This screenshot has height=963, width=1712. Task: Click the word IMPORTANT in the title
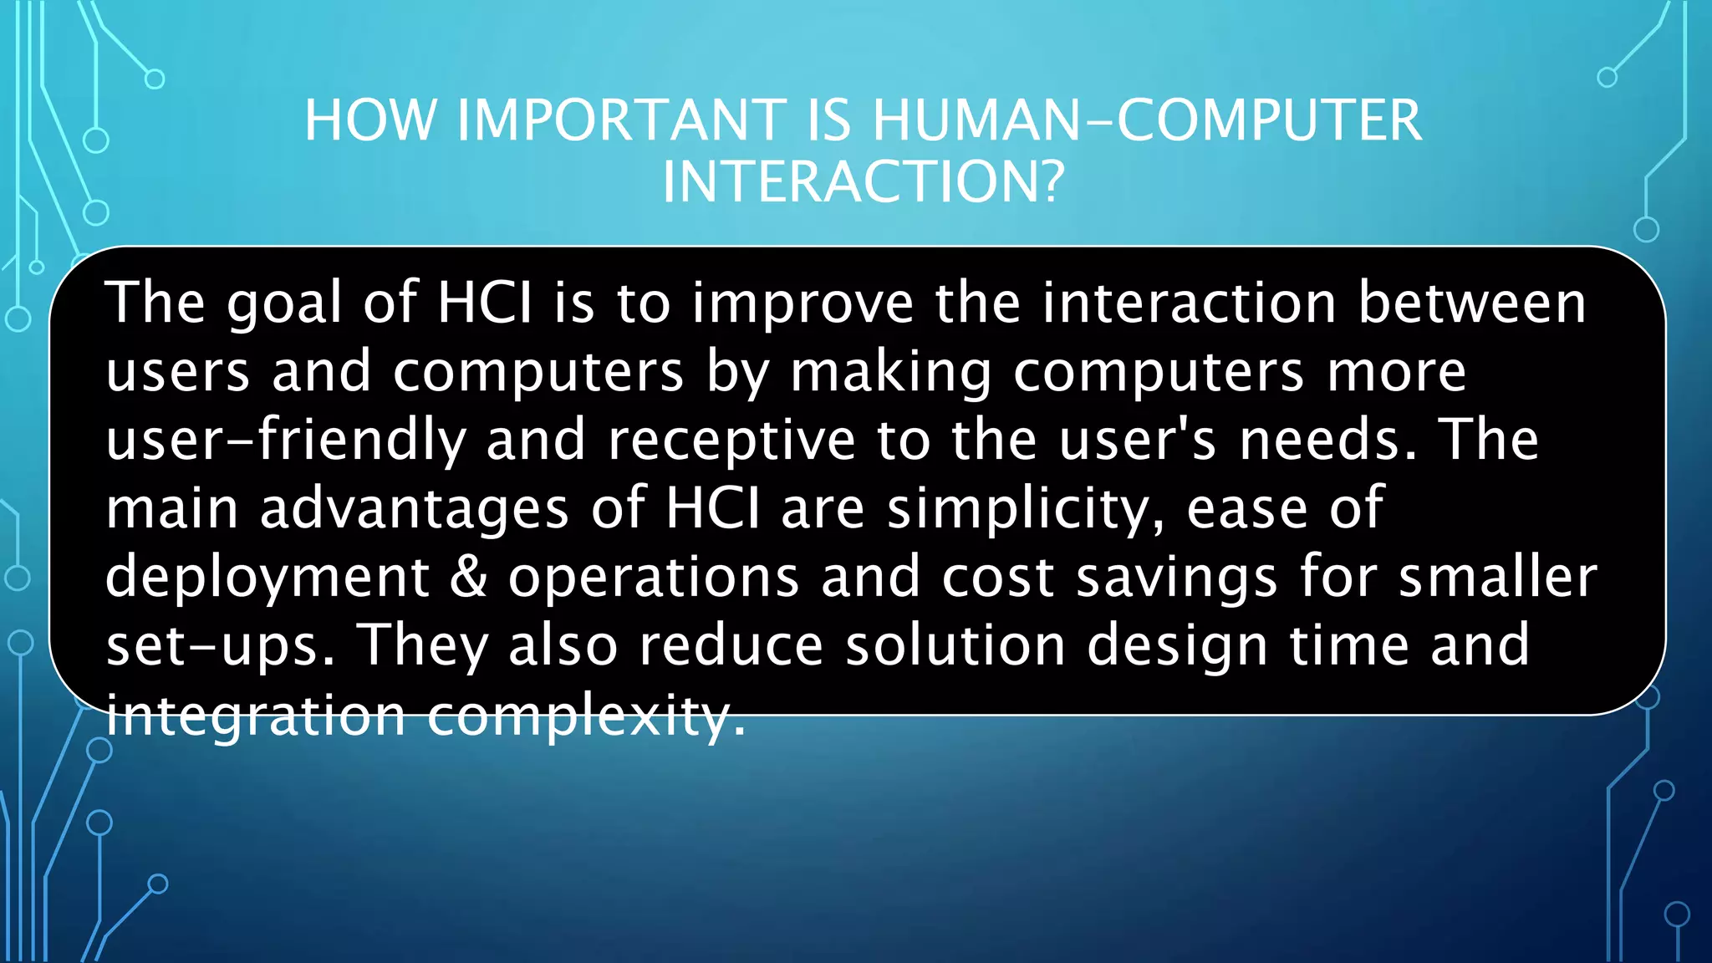pos(621,120)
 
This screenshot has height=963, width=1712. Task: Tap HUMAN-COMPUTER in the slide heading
pos(1147,120)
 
